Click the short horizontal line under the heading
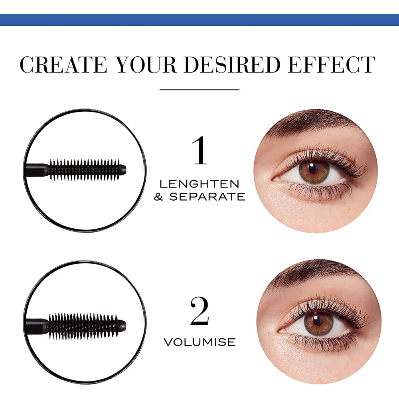[x=199, y=89]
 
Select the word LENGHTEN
[x=199, y=184]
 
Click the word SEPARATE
[x=207, y=197]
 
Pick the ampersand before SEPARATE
[x=159, y=197]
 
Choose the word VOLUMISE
[x=199, y=342]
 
